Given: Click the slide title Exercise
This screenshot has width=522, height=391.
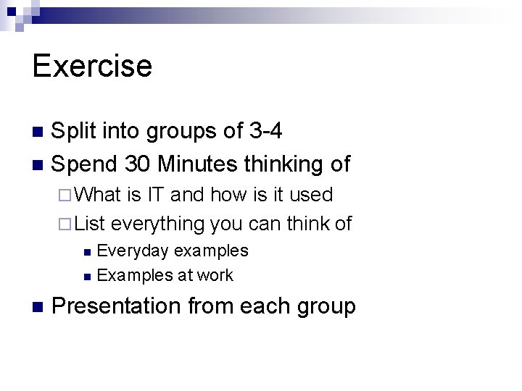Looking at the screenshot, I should [x=92, y=65].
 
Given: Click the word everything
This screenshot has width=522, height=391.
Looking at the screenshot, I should [x=158, y=224].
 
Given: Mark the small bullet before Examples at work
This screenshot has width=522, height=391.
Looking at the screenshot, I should [x=87, y=276].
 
